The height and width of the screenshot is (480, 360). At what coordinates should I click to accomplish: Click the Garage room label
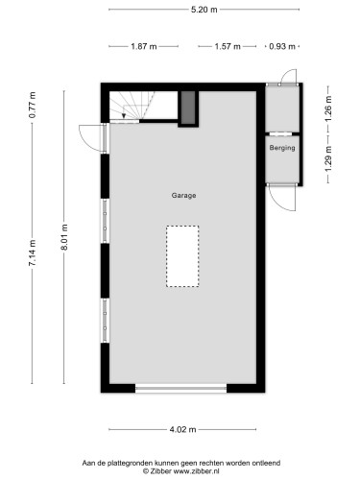[x=183, y=196]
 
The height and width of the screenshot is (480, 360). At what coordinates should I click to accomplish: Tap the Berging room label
[x=281, y=149]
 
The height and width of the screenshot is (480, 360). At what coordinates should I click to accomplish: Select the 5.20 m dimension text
[x=204, y=10]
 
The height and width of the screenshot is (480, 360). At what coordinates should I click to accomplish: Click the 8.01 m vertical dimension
[x=63, y=235]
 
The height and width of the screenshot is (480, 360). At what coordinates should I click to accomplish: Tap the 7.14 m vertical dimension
[x=33, y=255]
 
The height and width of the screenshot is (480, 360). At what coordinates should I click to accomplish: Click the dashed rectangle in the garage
[x=182, y=255]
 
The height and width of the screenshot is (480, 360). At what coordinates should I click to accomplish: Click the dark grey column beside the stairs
[x=189, y=108]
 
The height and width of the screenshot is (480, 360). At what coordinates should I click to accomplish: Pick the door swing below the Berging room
[x=281, y=197]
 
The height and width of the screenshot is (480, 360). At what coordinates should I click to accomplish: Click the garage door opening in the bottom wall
[x=180, y=388]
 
